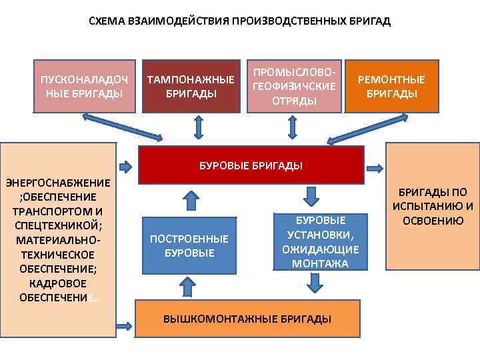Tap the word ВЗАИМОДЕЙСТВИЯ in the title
click(x=174, y=21)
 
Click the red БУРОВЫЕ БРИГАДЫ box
click(x=251, y=165)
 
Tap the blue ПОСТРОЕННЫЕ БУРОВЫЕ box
click(x=189, y=246)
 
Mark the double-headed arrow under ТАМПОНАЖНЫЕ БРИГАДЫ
click(x=198, y=127)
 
